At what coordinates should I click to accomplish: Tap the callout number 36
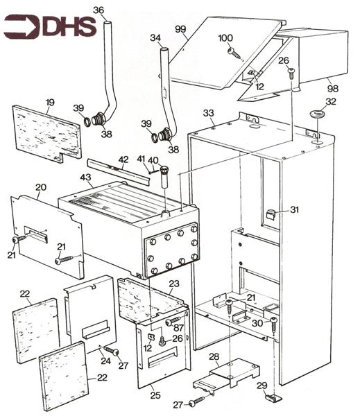tap(98, 10)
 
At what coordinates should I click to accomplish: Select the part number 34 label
tap(155, 37)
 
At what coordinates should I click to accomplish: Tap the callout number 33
tap(209, 112)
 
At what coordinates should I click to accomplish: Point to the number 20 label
tap(41, 188)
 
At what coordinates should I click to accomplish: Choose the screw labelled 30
tap(274, 322)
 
